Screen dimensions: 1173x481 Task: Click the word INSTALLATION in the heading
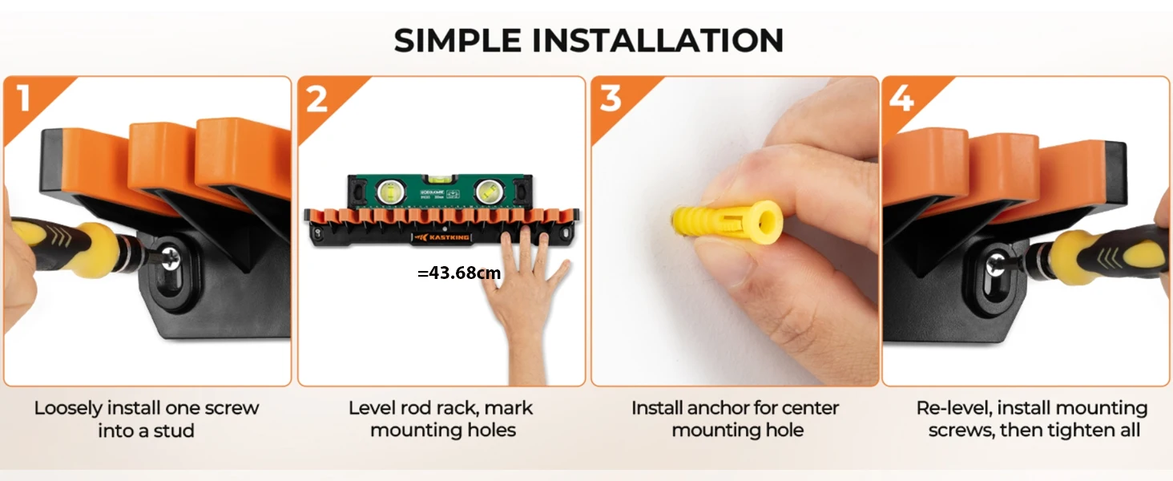click(x=658, y=40)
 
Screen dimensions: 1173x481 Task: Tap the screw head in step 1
click(x=170, y=258)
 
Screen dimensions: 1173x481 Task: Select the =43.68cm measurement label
click(x=459, y=273)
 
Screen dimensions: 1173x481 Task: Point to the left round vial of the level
click(x=389, y=192)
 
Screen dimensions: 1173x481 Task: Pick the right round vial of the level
click(x=487, y=192)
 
